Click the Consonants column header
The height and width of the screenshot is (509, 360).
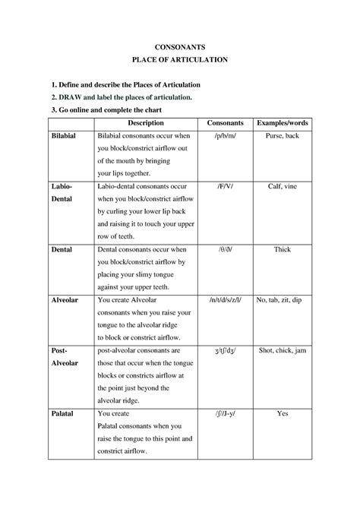[225, 122]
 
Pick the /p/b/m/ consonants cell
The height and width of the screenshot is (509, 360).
[225, 135]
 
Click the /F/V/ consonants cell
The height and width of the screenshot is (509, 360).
[225, 185]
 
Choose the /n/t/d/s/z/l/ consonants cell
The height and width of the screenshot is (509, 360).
[225, 299]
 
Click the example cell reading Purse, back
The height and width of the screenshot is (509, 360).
[283, 135]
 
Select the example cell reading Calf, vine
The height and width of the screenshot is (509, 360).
[283, 185]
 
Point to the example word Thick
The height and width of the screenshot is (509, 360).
[283, 248]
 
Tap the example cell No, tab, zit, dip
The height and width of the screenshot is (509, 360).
[283, 299]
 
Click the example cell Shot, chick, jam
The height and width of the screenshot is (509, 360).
[283, 350]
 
